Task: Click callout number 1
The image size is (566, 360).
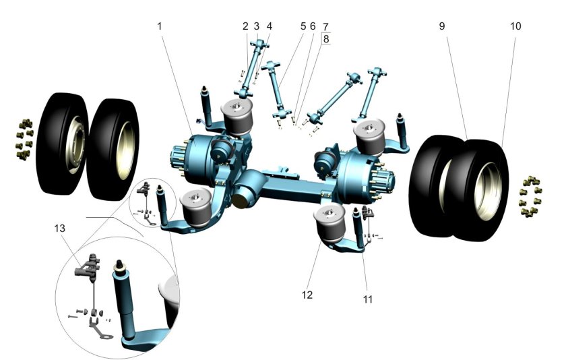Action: point(160,26)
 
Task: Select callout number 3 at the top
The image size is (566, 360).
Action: point(257,26)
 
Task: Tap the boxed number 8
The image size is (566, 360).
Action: point(326,38)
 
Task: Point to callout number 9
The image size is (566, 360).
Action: point(442,26)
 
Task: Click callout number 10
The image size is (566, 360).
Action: point(516,26)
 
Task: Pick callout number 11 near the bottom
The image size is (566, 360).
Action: point(367,299)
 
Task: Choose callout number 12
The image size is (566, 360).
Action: point(307,295)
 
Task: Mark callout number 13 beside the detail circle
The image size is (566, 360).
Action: point(60,229)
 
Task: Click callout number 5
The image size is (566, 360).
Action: point(303,26)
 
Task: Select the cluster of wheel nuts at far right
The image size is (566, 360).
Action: point(531,197)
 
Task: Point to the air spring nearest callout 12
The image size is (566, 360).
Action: point(329,222)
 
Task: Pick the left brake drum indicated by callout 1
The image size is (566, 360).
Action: point(197,159)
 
